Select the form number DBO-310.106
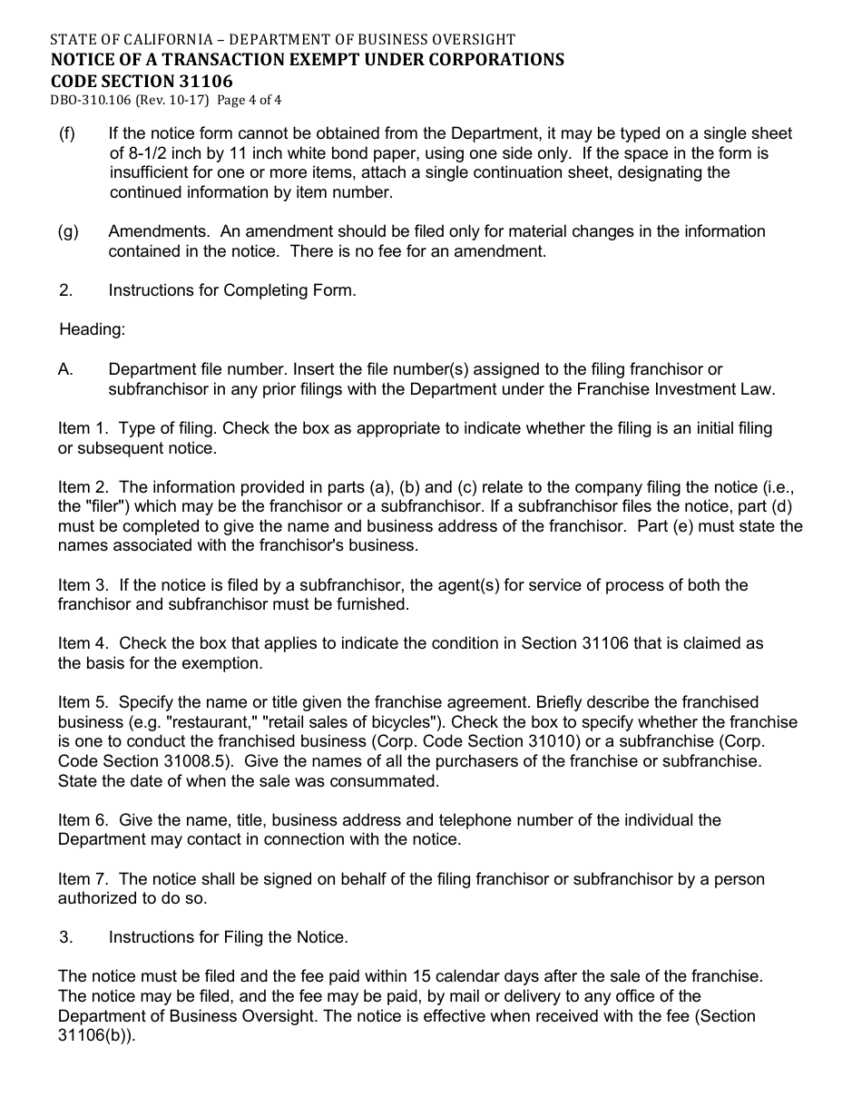(x=91, y=101)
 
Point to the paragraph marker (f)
(x=67, y=133)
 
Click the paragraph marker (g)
(x=68, y=231)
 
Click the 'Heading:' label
(x=93, y=329)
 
